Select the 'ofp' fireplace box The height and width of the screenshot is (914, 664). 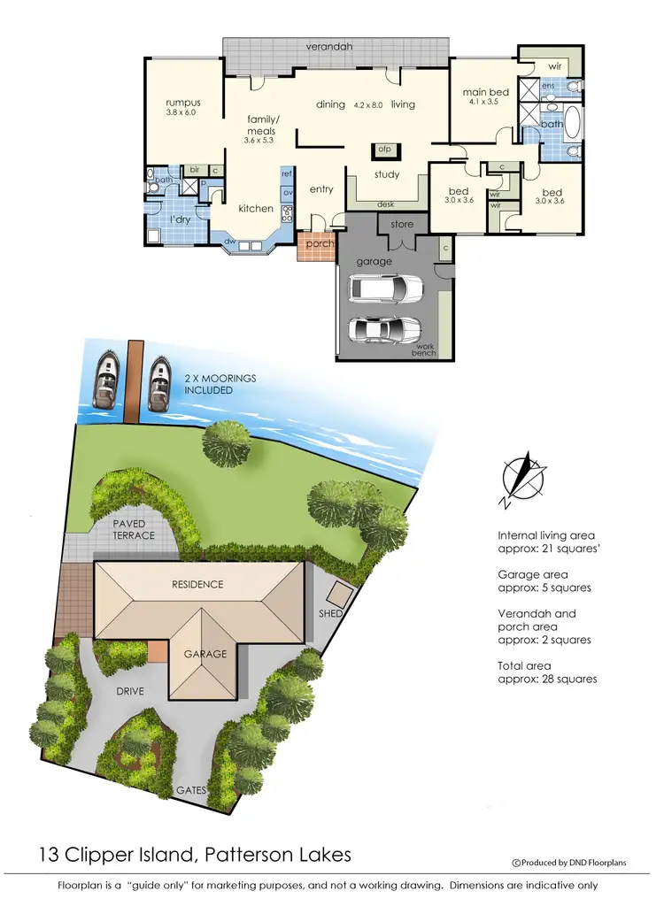click(385, 149)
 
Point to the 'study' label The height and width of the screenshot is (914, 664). click(387, 174)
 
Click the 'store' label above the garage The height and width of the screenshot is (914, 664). click(402, 224)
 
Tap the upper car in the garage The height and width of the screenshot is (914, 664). click(387, 289)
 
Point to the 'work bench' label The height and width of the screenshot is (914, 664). click(424, 349)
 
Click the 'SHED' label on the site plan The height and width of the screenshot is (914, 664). click(330, 612)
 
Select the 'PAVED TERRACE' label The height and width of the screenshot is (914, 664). click(134, 530)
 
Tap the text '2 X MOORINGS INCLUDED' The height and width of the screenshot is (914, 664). click(220, 384)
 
